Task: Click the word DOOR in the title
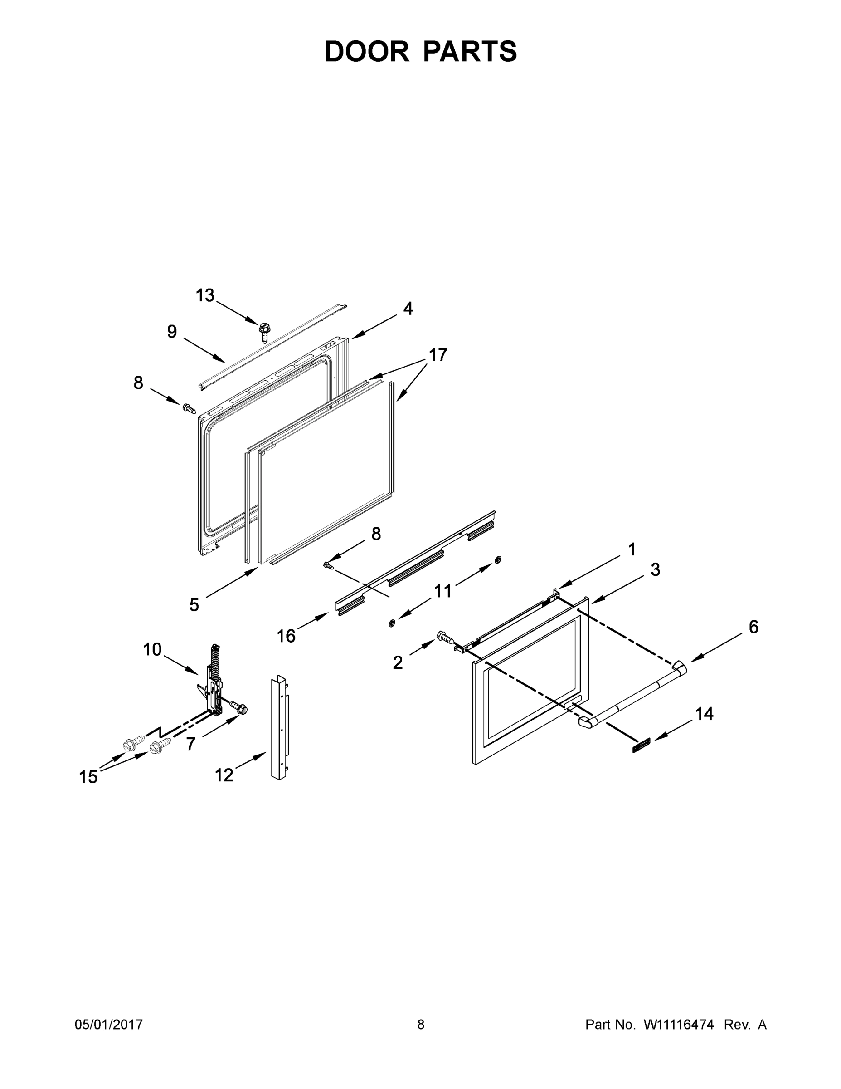coord(366,51)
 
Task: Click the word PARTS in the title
coord(470,51)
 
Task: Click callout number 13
coord(205,296)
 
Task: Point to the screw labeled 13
coord(263,332)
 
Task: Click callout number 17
coord(438,355)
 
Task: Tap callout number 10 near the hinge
coord(152,649)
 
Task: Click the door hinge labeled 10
coord(215,683)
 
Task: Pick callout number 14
coord(704,714)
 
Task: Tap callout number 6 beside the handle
coord(753,627)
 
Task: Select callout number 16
coord(287,636)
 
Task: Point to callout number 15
coord(88,777)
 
